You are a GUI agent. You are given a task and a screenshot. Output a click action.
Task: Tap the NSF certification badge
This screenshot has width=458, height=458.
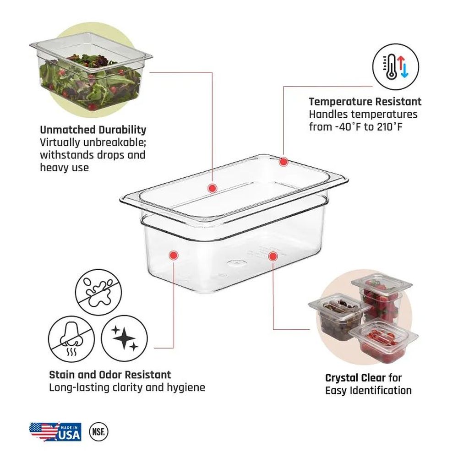click(x=98, y=431)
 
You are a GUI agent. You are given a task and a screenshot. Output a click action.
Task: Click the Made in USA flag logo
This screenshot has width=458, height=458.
click(x=55, y=431)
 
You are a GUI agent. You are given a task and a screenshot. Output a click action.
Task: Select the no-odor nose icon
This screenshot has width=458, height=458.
click(x=71, y=339)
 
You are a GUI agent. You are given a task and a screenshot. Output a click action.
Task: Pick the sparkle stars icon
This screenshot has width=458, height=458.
click(x=125, y=338)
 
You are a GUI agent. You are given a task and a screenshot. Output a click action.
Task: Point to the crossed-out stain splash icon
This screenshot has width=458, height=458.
click(x=98, y=292)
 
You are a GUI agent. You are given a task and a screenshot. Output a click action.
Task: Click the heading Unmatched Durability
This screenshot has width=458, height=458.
click(x=93, y=130)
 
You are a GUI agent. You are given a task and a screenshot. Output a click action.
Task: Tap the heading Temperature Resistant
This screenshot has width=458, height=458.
click(x=365, y=102)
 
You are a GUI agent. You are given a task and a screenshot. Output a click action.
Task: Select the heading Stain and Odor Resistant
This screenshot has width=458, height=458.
click(x=110, y=375)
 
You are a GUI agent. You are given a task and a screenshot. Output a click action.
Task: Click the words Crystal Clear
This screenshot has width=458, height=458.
click(x=355, y=378)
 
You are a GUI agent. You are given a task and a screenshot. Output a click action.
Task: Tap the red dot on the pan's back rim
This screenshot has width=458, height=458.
click(x=284, y=162)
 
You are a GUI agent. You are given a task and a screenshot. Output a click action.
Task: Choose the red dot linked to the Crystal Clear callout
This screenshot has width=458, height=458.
click(x=273, y=256)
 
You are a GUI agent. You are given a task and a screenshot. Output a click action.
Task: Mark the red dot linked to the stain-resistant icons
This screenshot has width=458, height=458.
click(x=174, y=255)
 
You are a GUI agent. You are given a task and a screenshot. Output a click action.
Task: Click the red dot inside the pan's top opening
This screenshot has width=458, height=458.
click(x=213, y=188)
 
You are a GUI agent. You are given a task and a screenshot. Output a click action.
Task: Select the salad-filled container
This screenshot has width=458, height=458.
click(x=91, y=71)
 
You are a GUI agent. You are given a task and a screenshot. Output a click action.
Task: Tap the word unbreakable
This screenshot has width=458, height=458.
click(x=115, y=142)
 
